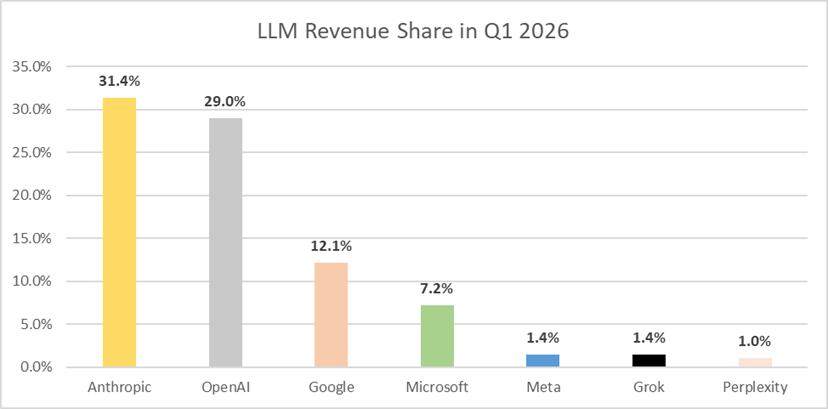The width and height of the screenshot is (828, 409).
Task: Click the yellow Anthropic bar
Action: [x=119, y=232]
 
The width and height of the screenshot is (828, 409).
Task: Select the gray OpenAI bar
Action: [x=225, y=243]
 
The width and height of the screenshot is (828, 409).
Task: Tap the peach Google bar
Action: [x=331, y=315]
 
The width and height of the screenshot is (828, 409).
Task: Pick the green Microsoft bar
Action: [x=437, y=336]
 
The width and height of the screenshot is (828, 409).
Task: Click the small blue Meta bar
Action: [x=543, y=361]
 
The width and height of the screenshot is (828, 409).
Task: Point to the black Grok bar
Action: [x=649, y=361]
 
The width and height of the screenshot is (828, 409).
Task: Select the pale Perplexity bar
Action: [x=755, y=363]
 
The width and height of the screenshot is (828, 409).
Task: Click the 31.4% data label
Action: [x=119, y=81]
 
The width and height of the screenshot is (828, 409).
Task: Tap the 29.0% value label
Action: [x=225, y=102]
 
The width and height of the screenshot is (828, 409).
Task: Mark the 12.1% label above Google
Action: [x=331, y=246]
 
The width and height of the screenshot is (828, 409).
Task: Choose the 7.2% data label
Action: [x=437, y=289]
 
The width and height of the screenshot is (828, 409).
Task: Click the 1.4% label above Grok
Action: [x=649, y=338]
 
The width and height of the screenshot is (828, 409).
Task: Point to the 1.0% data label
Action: [x=755, y=342]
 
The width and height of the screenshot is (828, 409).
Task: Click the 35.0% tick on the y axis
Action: [x=34, y=67]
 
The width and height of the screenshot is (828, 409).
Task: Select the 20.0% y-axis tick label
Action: [x=34, y=196]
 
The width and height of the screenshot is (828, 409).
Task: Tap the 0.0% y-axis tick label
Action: [x=37, y=367]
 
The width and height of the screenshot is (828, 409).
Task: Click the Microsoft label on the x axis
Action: [x=437, y=387]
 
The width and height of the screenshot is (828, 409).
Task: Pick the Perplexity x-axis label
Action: [x=755, y=388]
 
